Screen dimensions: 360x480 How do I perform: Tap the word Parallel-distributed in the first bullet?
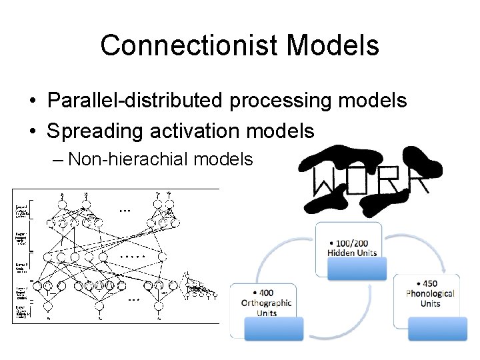coord(135,101)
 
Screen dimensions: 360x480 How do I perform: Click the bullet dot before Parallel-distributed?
coord(32,101)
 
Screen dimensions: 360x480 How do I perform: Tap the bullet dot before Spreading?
coord(32,131)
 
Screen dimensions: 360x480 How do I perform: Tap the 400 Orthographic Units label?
coord(267,303)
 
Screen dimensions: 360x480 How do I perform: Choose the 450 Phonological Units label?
coord(430,293)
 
